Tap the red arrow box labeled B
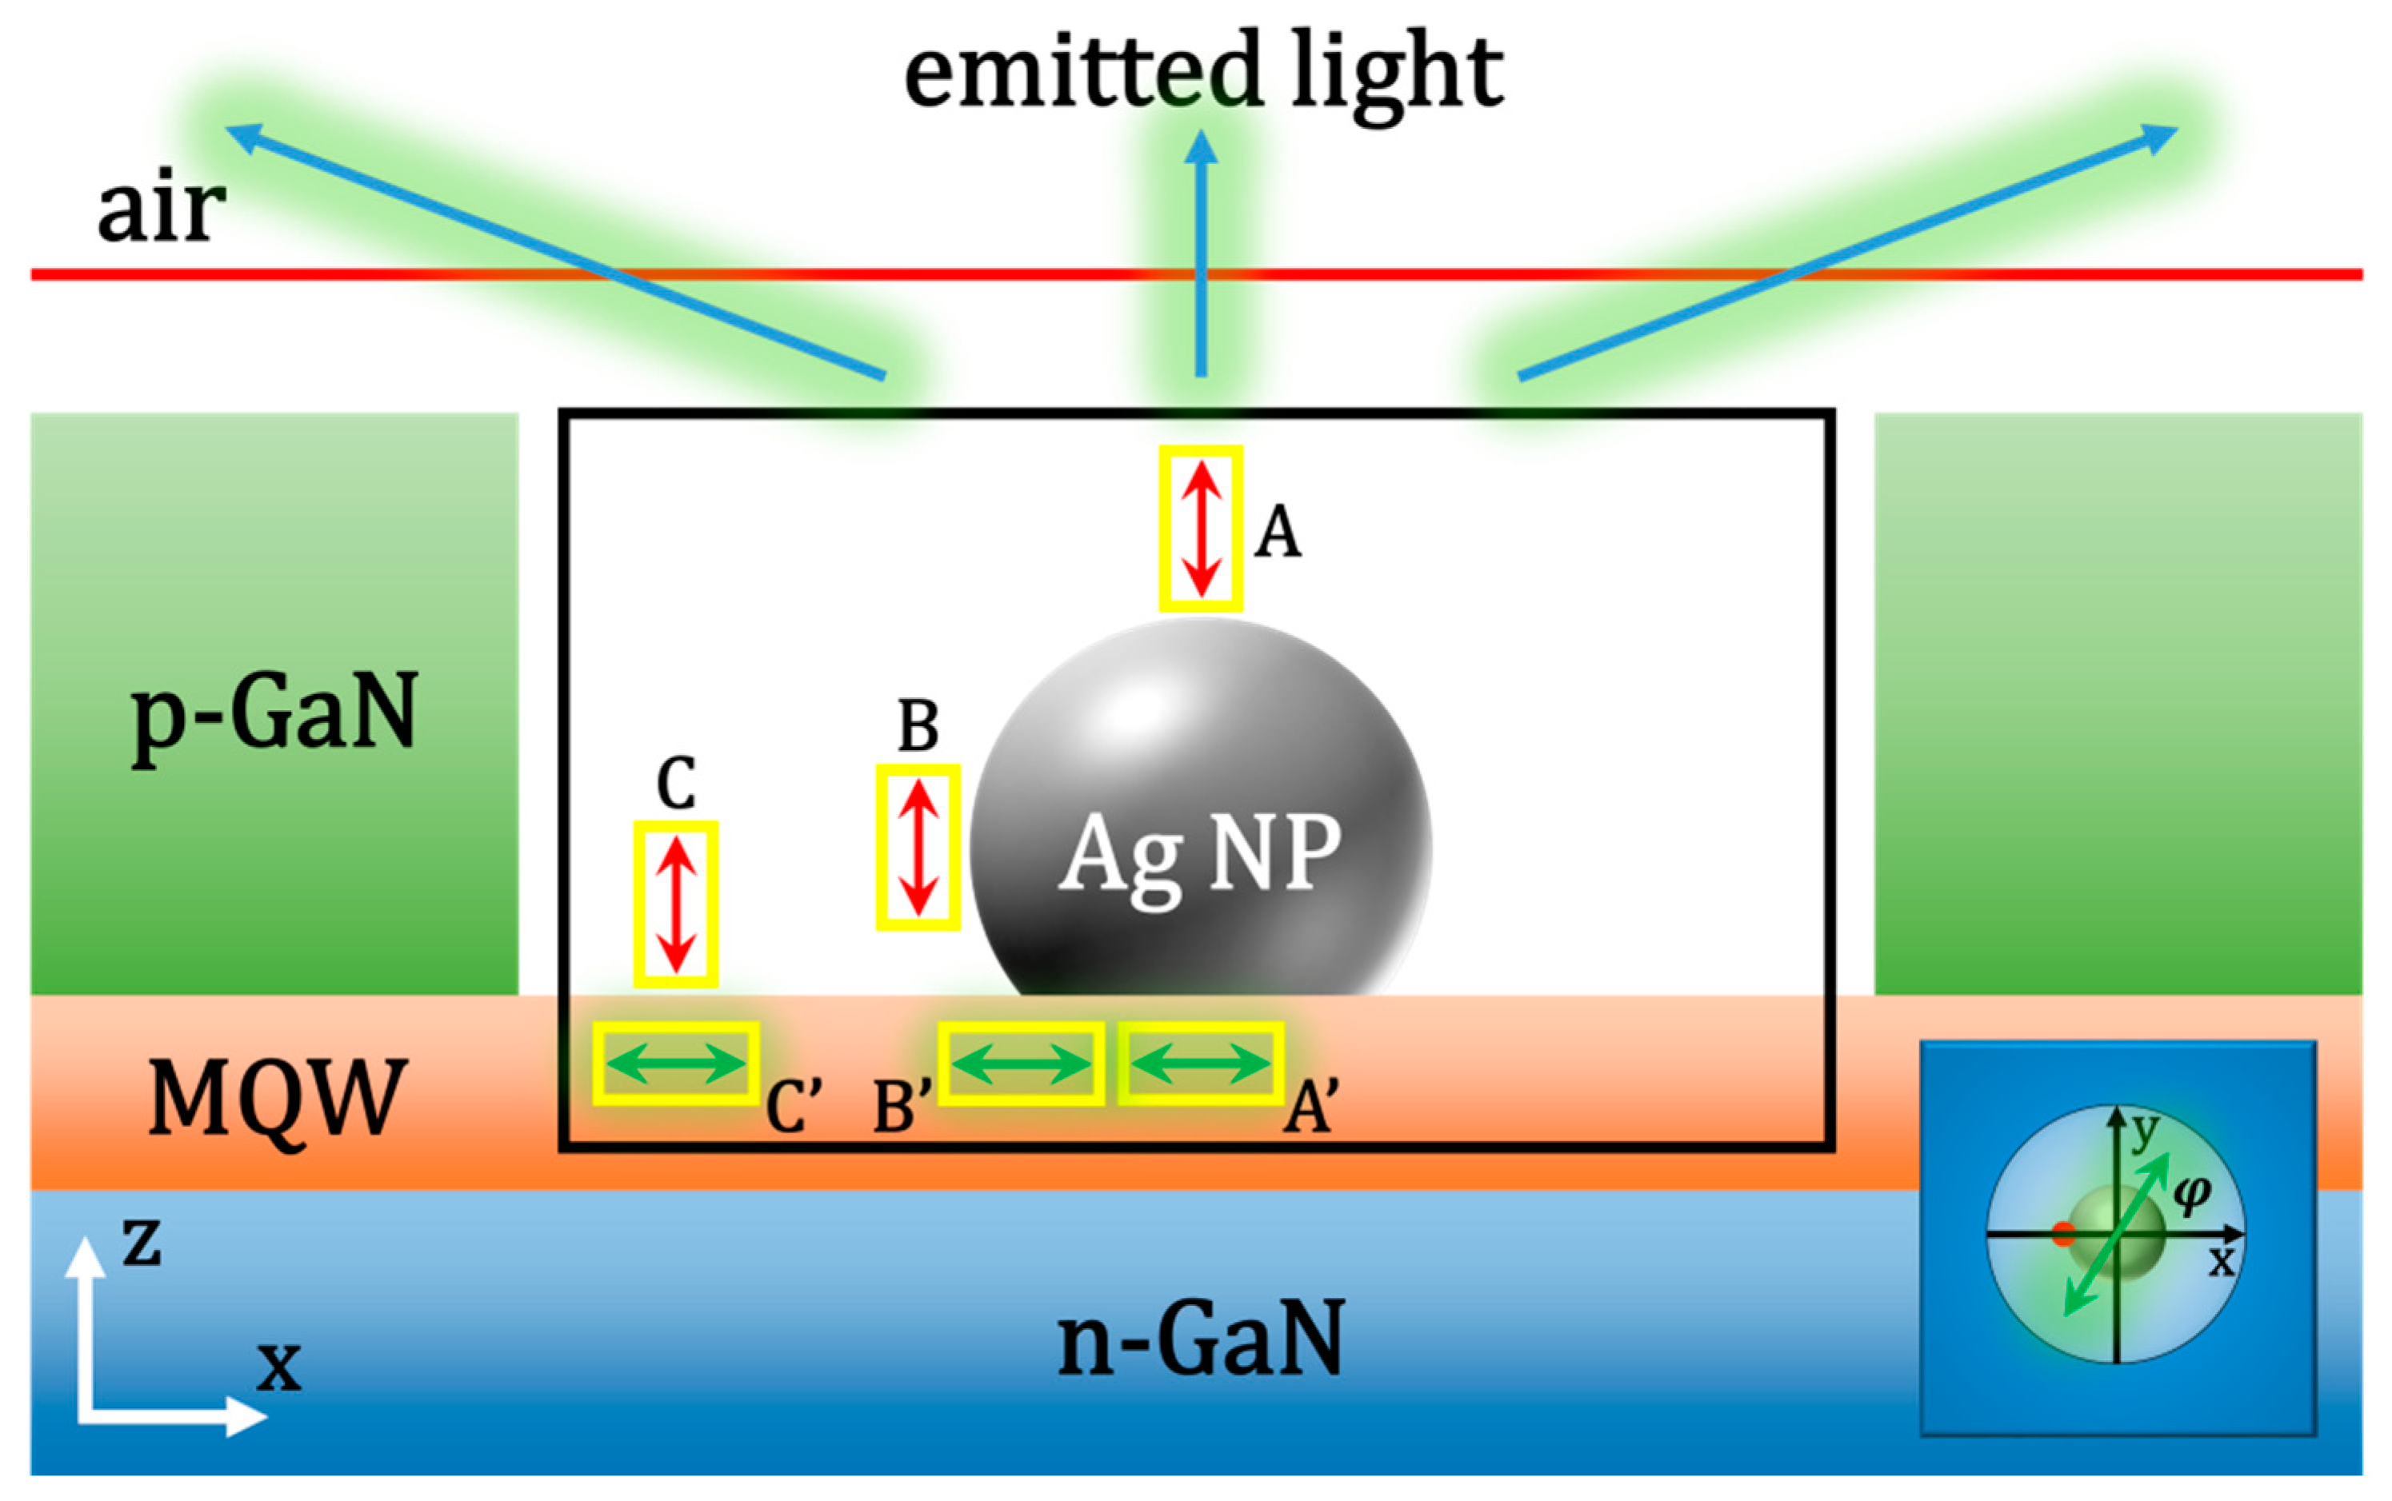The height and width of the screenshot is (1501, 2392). [x=918, y=847]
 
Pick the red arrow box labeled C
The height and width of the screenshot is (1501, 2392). [x=676, y=904]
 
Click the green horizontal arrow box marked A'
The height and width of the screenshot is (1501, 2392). [x=1201, y=1064]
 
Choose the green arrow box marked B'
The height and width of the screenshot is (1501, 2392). [x=1021, y=1064]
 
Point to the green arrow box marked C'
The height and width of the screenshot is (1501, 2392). [x=676, y=1064]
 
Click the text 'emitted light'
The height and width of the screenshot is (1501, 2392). [x=1202, y=71]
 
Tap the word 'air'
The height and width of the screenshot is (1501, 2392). [x=161, y=209]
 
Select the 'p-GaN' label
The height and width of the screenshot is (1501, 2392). [x=274, y=713]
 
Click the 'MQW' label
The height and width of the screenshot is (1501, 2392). [x=277, y=1097]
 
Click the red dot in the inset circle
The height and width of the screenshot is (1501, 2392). [x=2063, y=1234]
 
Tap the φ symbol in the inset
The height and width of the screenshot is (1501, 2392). [x=2191, y=1192]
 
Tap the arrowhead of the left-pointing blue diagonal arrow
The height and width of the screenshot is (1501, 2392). [x=238, y=132]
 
